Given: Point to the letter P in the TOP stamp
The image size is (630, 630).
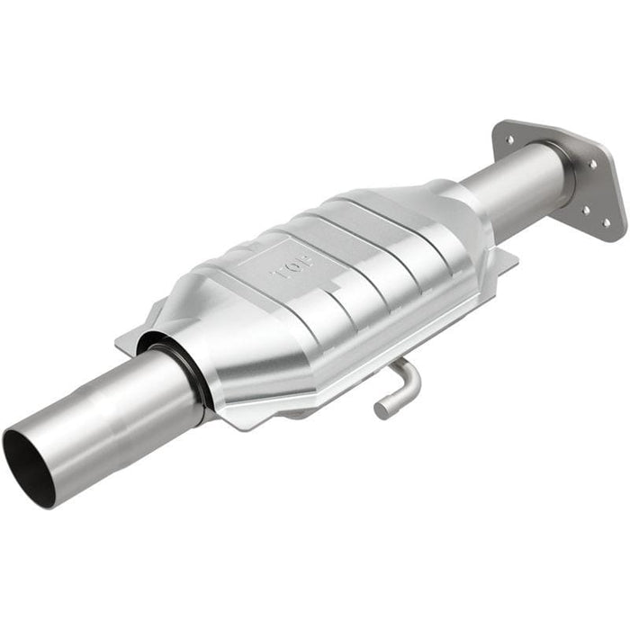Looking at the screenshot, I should tap(308, 262).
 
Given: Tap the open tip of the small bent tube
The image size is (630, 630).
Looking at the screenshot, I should tap(382, 410).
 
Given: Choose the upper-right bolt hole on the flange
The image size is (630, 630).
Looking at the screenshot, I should tap(592, 164).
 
